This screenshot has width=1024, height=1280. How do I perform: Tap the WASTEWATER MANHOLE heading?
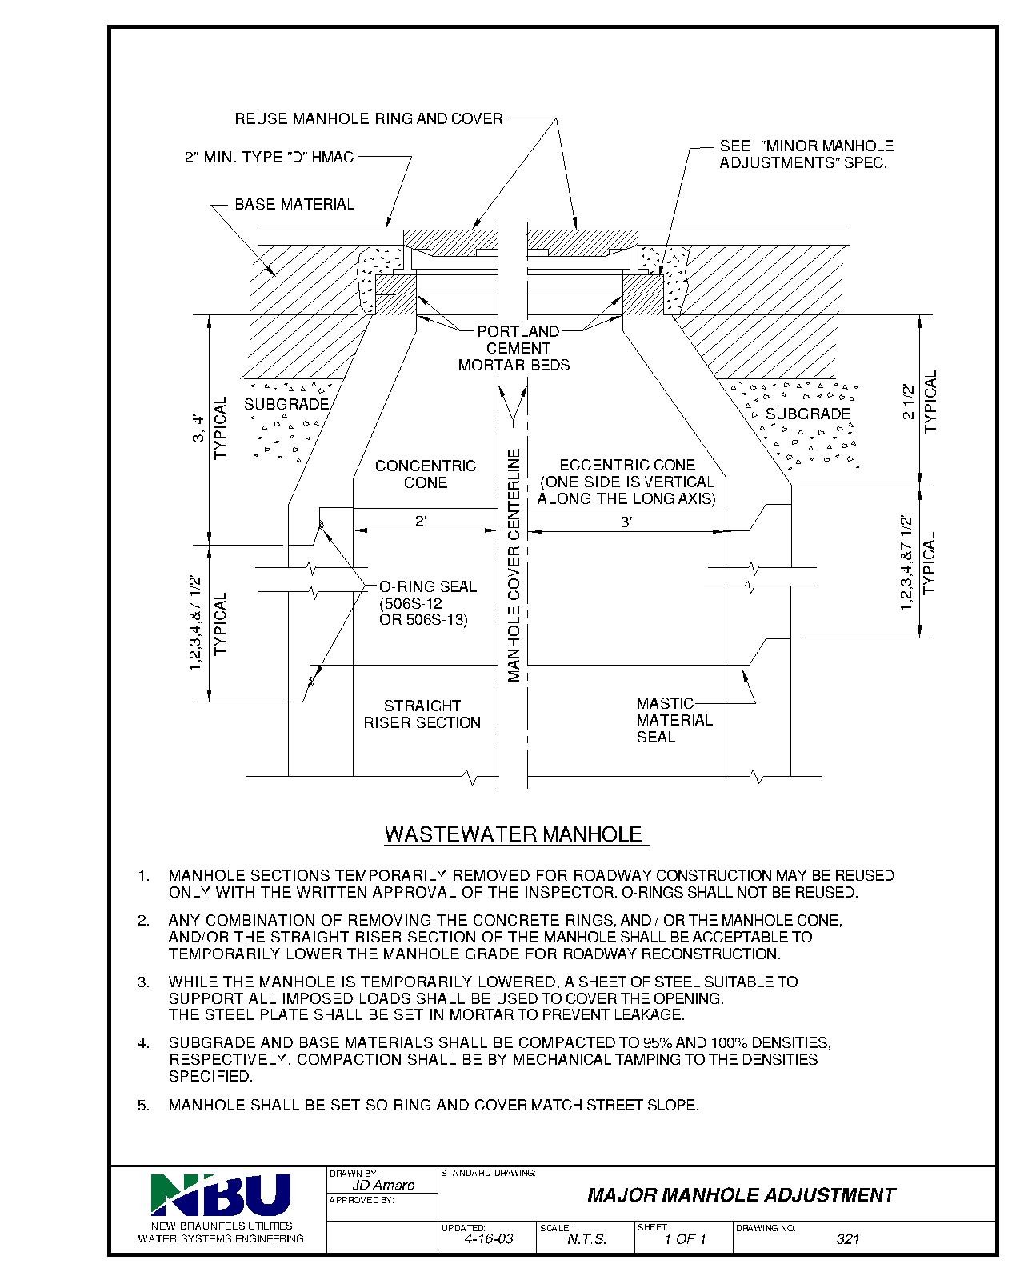(x=514, y=834)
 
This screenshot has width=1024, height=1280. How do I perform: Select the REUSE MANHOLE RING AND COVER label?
(x=369, y=119)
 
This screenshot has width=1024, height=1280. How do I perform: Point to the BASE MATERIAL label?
(x=294, y=204)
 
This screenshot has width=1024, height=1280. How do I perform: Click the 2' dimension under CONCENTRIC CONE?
(x=422, y=522)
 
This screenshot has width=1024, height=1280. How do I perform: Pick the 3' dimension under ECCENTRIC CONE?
(x=626, y=522)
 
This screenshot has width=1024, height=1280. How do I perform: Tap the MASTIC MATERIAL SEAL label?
(x=674, y=720)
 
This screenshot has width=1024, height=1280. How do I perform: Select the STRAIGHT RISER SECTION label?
(x=422, y=714)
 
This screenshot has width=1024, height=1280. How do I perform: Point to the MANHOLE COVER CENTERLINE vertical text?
(x=514, y=565)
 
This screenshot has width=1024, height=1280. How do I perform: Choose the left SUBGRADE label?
(x=286, y=404)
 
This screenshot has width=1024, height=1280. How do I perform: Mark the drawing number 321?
(x=847, y=1239)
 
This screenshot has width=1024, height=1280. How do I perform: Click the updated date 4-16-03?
(x=488, y=1239)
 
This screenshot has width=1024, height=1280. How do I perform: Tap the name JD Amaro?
(x=383, y=1186)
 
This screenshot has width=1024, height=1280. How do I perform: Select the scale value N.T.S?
(x=586, y=1239)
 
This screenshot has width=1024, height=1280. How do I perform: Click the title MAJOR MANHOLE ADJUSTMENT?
(x=741, y=1195)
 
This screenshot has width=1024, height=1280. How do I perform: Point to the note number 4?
(x=144, y=1043)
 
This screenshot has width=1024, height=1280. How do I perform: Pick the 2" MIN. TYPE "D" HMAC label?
(x=269, y=158)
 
